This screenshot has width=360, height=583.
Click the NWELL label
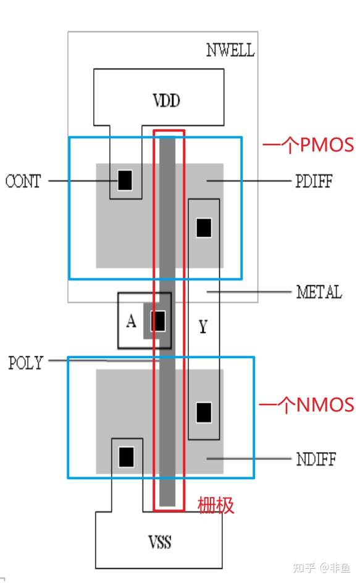point(230,50)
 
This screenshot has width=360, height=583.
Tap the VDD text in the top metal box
point(166,101)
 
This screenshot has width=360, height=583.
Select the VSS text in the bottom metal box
point(160,542)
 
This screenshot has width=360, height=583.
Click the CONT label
point(23,181)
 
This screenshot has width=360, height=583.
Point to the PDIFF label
point(314,181)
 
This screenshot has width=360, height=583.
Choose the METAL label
point(319,292)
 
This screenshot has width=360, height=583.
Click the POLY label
point(26,363)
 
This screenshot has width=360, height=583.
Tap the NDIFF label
point(316,459)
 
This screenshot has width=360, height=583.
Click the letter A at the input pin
point(131,321)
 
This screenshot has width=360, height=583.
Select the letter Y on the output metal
point(203,327)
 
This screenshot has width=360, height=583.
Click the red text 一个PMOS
point(308,145)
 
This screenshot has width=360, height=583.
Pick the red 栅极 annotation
point(216,505)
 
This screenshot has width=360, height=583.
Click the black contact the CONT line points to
point(125,180)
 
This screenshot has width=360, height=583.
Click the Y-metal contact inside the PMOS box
point(204,227)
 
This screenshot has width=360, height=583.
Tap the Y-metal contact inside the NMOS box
point(204,413)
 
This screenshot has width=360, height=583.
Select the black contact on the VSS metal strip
point(126,457)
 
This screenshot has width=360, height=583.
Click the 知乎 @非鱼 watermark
point(321,568)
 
